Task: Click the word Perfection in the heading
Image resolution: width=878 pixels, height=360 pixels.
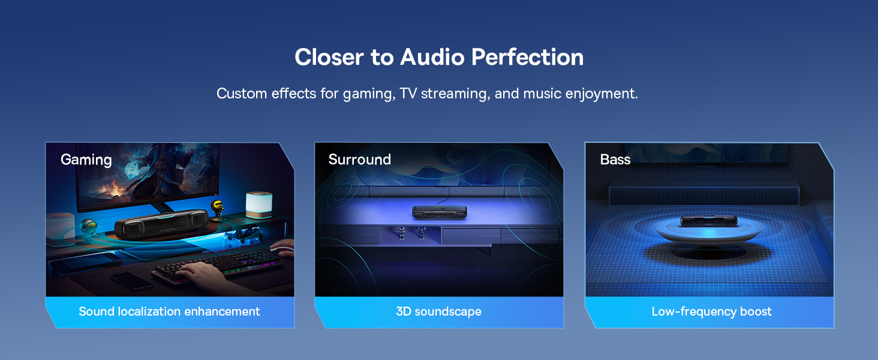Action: tap(527, 57)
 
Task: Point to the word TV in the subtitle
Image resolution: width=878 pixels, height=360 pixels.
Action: tap(408, 94)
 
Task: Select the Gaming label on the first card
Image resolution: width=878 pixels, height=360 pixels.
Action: tap(86, 160)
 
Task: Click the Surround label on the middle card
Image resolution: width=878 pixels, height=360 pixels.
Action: tap(359, 160)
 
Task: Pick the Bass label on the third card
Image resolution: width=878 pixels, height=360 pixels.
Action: tap(615, 160)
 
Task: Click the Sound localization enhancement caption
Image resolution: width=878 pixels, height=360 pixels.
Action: tap(169, 311)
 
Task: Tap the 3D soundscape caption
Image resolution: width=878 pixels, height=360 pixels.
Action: tap(438, 311)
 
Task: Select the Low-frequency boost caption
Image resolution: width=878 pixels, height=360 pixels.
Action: tap(711, 311)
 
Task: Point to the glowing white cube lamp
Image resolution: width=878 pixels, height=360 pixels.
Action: tap(258, 205)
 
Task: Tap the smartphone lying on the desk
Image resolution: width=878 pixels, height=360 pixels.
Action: tap(131, 281)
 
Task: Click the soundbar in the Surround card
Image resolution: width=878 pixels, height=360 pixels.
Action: tap(440, 212)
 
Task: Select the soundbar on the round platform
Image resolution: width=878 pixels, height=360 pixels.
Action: tap(709, 220)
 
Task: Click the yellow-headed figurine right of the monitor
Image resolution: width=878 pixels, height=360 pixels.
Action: tap(217, 208)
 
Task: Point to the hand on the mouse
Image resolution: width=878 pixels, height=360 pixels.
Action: tap(282, 247)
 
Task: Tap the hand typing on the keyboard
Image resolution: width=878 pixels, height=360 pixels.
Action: tap(206, 272)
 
